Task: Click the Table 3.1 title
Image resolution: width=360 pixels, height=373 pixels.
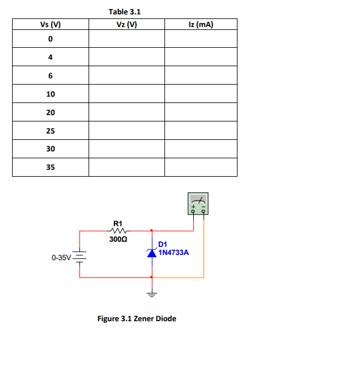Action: pyautogui.click(x=124, y=12)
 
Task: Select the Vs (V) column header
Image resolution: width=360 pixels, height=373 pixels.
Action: pyautogui.click(x=51, y=24)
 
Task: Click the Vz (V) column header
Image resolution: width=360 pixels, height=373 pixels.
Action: pyautogui.click(x=127, y=24)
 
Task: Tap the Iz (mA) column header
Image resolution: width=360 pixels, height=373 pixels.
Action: pyautogui.click(x=201, y=24)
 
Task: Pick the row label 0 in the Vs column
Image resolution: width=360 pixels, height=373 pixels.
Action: pyautogui.click(x=51, y=39)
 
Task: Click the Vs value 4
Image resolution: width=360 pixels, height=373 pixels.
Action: pyautogui.click(x=51, y=57)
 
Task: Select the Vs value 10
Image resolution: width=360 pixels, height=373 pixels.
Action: pyautogui.click(x=51, y=94)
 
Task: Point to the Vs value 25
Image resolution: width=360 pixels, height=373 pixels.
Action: pyautogui.click(x=51, y=131)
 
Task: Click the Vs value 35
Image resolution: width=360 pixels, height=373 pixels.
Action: pyautogui.click(x=51, y=168)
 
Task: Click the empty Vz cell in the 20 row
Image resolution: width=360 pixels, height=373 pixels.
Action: pyautogui.click(x=127, y=112)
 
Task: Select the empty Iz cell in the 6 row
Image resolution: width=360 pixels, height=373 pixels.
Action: pyautogui.click(x=201, y=75)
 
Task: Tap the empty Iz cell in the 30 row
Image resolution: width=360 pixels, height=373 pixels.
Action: pyautogui.click(x=201, y=149)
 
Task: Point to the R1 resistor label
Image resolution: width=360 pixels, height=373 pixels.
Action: pyautogui.click(x=118, y=223)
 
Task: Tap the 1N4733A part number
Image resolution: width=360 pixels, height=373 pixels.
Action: pyautogui.click(x=173, y=252)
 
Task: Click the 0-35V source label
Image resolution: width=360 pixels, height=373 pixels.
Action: pyautogui.click(x=60, y=257)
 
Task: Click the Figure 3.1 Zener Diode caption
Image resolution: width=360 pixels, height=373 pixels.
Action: pyautogui.click(x=137, y=318)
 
